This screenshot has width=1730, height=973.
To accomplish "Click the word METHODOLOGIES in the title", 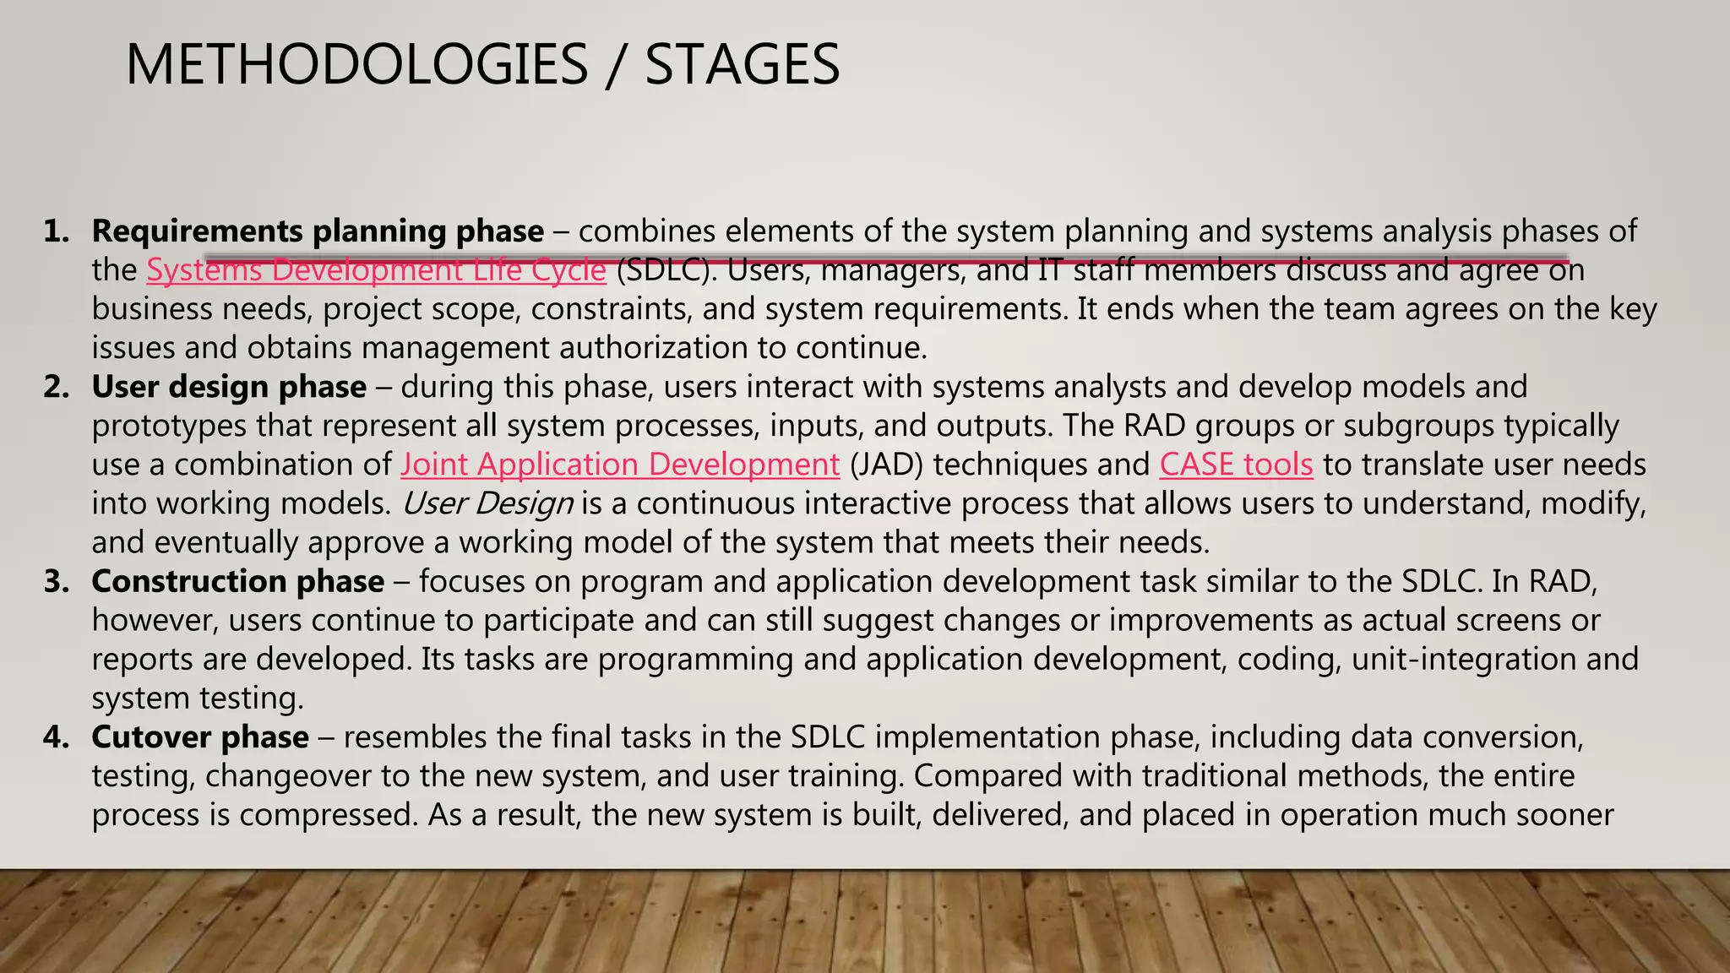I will [356, 65].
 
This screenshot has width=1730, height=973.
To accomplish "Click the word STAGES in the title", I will [742, 65].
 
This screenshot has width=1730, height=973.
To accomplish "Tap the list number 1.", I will [56, 231].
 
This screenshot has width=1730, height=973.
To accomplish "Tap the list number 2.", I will [56, 387].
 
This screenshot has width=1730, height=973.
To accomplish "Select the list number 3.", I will [56, 581].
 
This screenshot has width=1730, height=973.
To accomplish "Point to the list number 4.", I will [56, 737].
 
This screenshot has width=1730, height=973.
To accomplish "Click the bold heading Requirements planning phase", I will [318, 231].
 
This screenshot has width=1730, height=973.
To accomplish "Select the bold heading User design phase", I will [229, 387].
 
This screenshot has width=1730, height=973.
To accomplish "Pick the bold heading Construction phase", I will [238, 581].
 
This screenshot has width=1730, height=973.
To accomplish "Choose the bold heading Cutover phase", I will [200, 737].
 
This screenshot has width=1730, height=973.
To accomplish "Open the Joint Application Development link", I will [620, 465].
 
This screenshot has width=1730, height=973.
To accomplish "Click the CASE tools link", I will [1236, 465].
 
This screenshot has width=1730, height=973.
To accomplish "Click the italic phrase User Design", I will [487, 503].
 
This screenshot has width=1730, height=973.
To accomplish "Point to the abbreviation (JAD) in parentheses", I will [886, 465].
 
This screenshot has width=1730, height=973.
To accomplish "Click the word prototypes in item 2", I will [170, 426].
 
